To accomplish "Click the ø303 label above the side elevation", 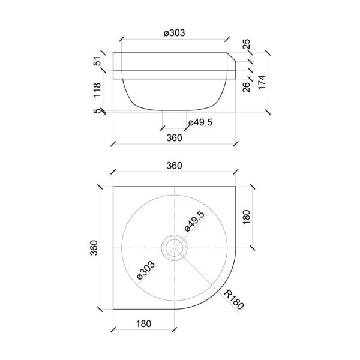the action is click(x=174, y=33).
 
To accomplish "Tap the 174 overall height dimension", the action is click(x=262, y=82).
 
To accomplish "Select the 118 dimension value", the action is click(x=97, y=90).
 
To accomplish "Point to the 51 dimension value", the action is click(x=97, y=61).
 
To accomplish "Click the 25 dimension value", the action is click(x=246, y=44).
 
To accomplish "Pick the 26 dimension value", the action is click(x=246, y=87).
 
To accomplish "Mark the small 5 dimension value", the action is click(x=97, y=111).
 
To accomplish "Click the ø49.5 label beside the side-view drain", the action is click(x=200, y=122).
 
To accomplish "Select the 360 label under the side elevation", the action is click(x=174, y=138).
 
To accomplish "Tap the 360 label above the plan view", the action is click(x=174, y=166).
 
